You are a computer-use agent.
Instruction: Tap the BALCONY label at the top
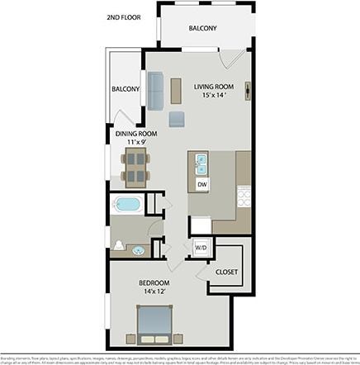202,29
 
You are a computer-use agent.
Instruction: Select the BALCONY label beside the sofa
126,89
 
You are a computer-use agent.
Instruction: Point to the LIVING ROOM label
213,86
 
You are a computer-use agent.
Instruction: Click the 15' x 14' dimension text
214,95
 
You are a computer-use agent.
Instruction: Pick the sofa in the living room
154,90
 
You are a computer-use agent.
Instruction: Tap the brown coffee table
176,90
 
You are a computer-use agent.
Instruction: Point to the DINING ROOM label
136,134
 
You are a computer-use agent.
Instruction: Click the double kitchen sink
200,164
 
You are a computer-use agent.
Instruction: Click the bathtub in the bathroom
128,204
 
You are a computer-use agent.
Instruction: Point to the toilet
120,245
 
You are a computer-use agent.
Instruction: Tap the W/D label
201,248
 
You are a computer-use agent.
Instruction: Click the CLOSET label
226,271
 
